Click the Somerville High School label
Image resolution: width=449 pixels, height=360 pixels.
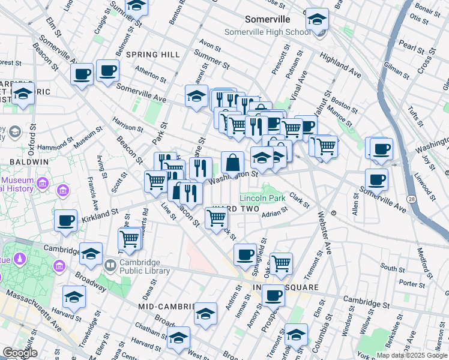[x=268, y=32]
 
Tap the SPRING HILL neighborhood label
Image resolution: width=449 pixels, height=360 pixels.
[x=153, y=55]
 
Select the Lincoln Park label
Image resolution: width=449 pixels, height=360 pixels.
[x=262, y=198]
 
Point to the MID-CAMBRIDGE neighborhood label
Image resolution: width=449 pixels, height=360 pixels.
[x=164, y=306]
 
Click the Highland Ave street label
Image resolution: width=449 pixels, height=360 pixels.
[x=340, y=65]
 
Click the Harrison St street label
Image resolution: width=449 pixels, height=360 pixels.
[x=127, y=127]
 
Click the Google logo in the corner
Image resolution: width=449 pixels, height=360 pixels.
[x=19, y=353]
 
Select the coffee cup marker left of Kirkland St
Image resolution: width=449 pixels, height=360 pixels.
[x=66, y=220]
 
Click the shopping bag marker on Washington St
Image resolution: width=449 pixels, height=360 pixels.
[x=233, y=163]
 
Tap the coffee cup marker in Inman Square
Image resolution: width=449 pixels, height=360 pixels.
[x=274, y=296]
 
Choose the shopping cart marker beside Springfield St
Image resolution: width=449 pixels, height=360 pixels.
[x=281, y=262]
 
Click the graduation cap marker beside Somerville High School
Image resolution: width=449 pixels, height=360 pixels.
[x=316, y=20]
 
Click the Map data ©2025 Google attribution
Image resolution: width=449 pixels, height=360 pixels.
[x=412, y=355]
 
